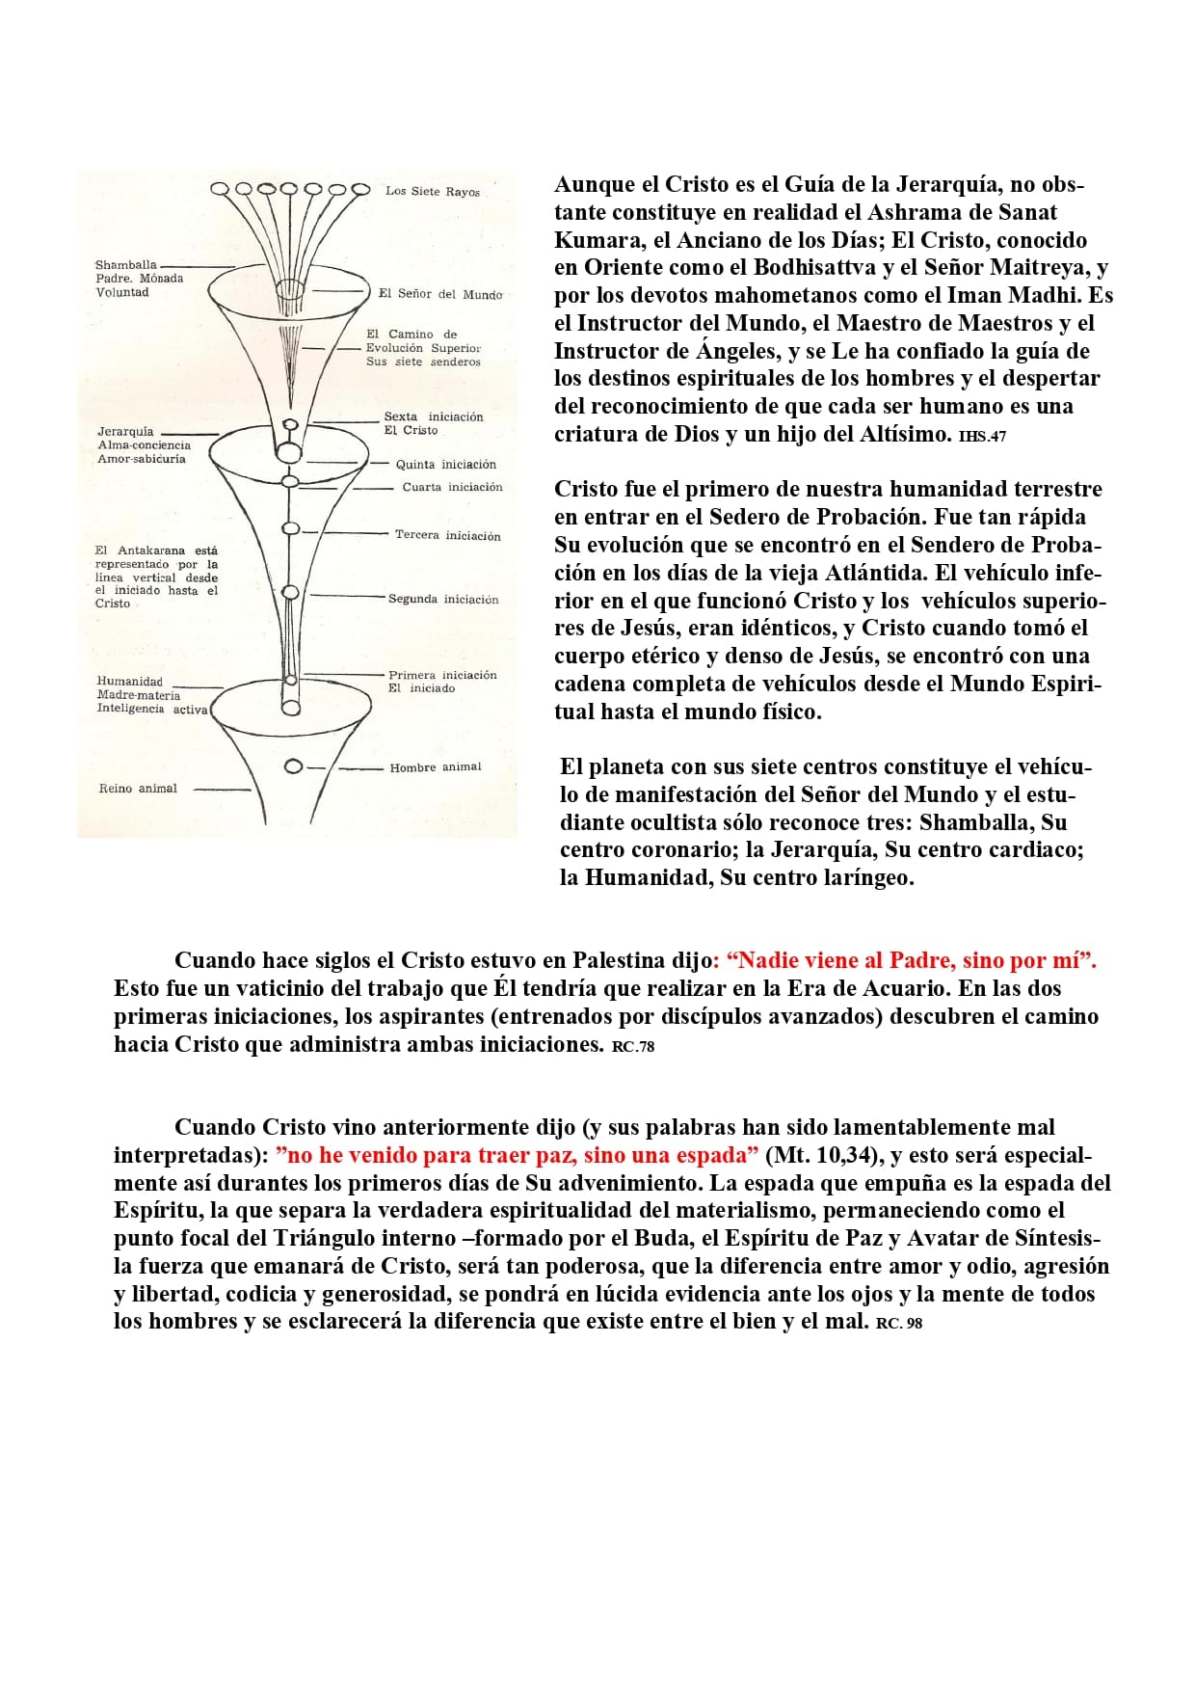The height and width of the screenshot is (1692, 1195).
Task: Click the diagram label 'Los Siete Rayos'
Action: [x=432, y=192]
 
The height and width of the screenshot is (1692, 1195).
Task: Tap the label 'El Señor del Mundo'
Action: [x=439, y=294]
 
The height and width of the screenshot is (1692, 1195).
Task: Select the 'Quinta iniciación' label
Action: [x=445, y=465]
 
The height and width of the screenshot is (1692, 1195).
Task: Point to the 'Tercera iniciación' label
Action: [x=447, y=535]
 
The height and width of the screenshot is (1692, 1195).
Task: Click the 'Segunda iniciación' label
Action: [x=443, y=600]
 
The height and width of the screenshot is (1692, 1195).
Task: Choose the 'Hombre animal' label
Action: [x=435, y=767]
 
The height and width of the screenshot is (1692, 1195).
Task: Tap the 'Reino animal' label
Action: [x=138, y=789]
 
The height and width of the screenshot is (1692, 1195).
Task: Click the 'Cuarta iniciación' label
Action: [x=452, y=488]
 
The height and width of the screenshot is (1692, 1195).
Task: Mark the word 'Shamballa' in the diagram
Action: [x=125, y=265]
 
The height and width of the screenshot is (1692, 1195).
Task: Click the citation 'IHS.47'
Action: [x=983, y=437]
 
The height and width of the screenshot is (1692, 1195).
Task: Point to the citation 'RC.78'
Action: [x=633, y=1047]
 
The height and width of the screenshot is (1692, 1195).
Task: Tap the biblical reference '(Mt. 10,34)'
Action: [x=824, y=1155]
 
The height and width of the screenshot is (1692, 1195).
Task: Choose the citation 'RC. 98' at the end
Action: [x=899, y=1324]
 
